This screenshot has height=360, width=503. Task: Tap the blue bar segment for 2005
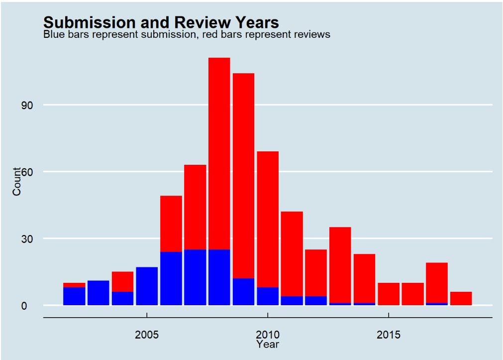pos(147,286)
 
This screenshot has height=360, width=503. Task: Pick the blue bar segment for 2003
pos(99,293)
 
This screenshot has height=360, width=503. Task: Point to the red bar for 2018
pos(461,298)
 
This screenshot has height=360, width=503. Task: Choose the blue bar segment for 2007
pos(195,277)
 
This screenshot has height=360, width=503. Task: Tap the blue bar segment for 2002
pos(74,296)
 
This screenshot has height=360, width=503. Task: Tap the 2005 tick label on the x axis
pos(147,334)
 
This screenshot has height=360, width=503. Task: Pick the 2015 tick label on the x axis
pos(388,334)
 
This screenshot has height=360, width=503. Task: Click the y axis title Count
pos(17,182)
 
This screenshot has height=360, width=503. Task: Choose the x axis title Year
pos(268,344)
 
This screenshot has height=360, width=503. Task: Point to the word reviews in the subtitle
pos(311,35)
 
